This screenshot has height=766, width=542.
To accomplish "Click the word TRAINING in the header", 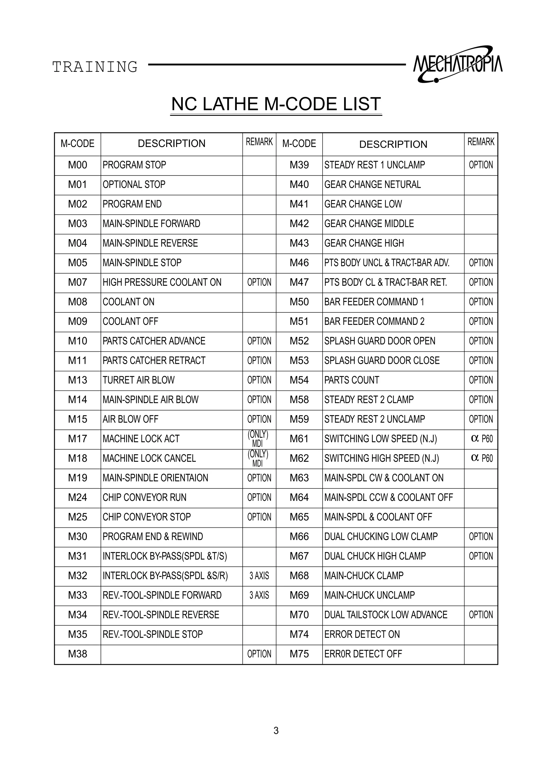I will coord(95,67).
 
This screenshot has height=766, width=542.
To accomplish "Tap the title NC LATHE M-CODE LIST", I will coord(276,104).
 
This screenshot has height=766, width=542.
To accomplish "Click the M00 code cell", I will coord(78,165).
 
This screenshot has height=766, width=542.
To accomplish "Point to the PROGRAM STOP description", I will coord(134,165).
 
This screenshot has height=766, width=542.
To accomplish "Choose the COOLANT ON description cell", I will coord(129,302).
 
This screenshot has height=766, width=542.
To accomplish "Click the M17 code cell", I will coord(78,439).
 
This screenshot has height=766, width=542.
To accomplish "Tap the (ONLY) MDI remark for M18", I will coord(258,459).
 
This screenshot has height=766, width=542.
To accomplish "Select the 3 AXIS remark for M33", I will coord(259,595).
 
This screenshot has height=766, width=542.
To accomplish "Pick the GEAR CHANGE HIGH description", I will coord(364,243).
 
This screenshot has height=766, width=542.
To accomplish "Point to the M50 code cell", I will coord(299,302).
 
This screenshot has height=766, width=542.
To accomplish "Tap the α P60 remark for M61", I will coord(481,439).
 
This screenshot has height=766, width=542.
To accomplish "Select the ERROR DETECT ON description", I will coord(362,634).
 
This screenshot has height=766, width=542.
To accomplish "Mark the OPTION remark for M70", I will coord(481,615).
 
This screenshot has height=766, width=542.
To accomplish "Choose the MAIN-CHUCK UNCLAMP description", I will coord(369,595).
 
